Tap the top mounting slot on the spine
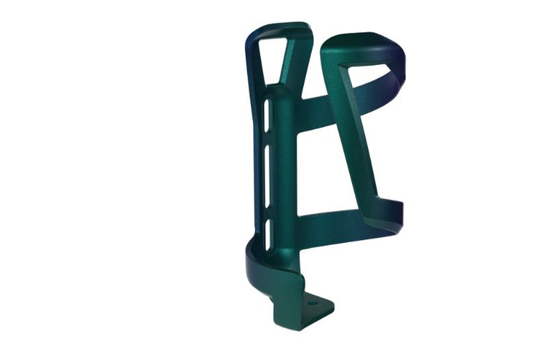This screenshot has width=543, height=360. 267,115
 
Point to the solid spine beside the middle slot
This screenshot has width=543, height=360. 282,164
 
